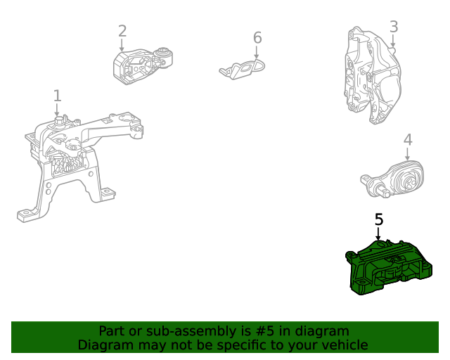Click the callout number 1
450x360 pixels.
coord(57,95)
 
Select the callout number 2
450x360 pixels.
coord(122,31)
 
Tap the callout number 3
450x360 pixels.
coord(394,27)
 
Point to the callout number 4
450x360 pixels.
coord(408,141)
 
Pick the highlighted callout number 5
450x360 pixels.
coord(379,219)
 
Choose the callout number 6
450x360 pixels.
coord(257,37)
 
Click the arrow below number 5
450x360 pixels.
coord(378,234)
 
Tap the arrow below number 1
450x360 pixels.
coord(58,110)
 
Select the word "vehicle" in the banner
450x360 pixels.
coord(343,345)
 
